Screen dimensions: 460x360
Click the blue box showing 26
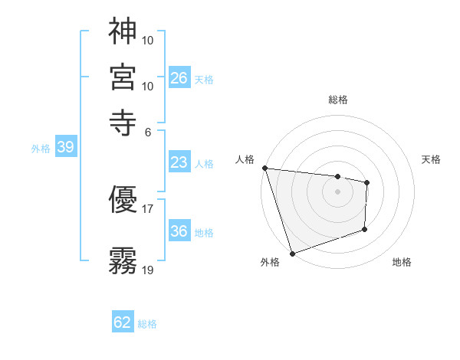click(179, 77)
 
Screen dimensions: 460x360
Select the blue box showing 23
click(179, 162)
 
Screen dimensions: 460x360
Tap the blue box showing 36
click(179, 231)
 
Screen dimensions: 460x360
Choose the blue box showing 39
click(65, 148)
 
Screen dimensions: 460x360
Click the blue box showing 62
click(123, 322)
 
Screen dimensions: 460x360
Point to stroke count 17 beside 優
click(148, 208)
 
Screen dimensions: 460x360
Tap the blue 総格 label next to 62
click(147, 324)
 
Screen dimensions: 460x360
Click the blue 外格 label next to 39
click(41, 149)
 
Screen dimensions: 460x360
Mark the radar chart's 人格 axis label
click(245, 159)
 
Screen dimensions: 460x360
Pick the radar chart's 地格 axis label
click(402, 262)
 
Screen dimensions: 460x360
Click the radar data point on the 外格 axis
click(292, 253)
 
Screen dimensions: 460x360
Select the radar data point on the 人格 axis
click(264, 168)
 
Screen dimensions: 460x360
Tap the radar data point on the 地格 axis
click(365, 229)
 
